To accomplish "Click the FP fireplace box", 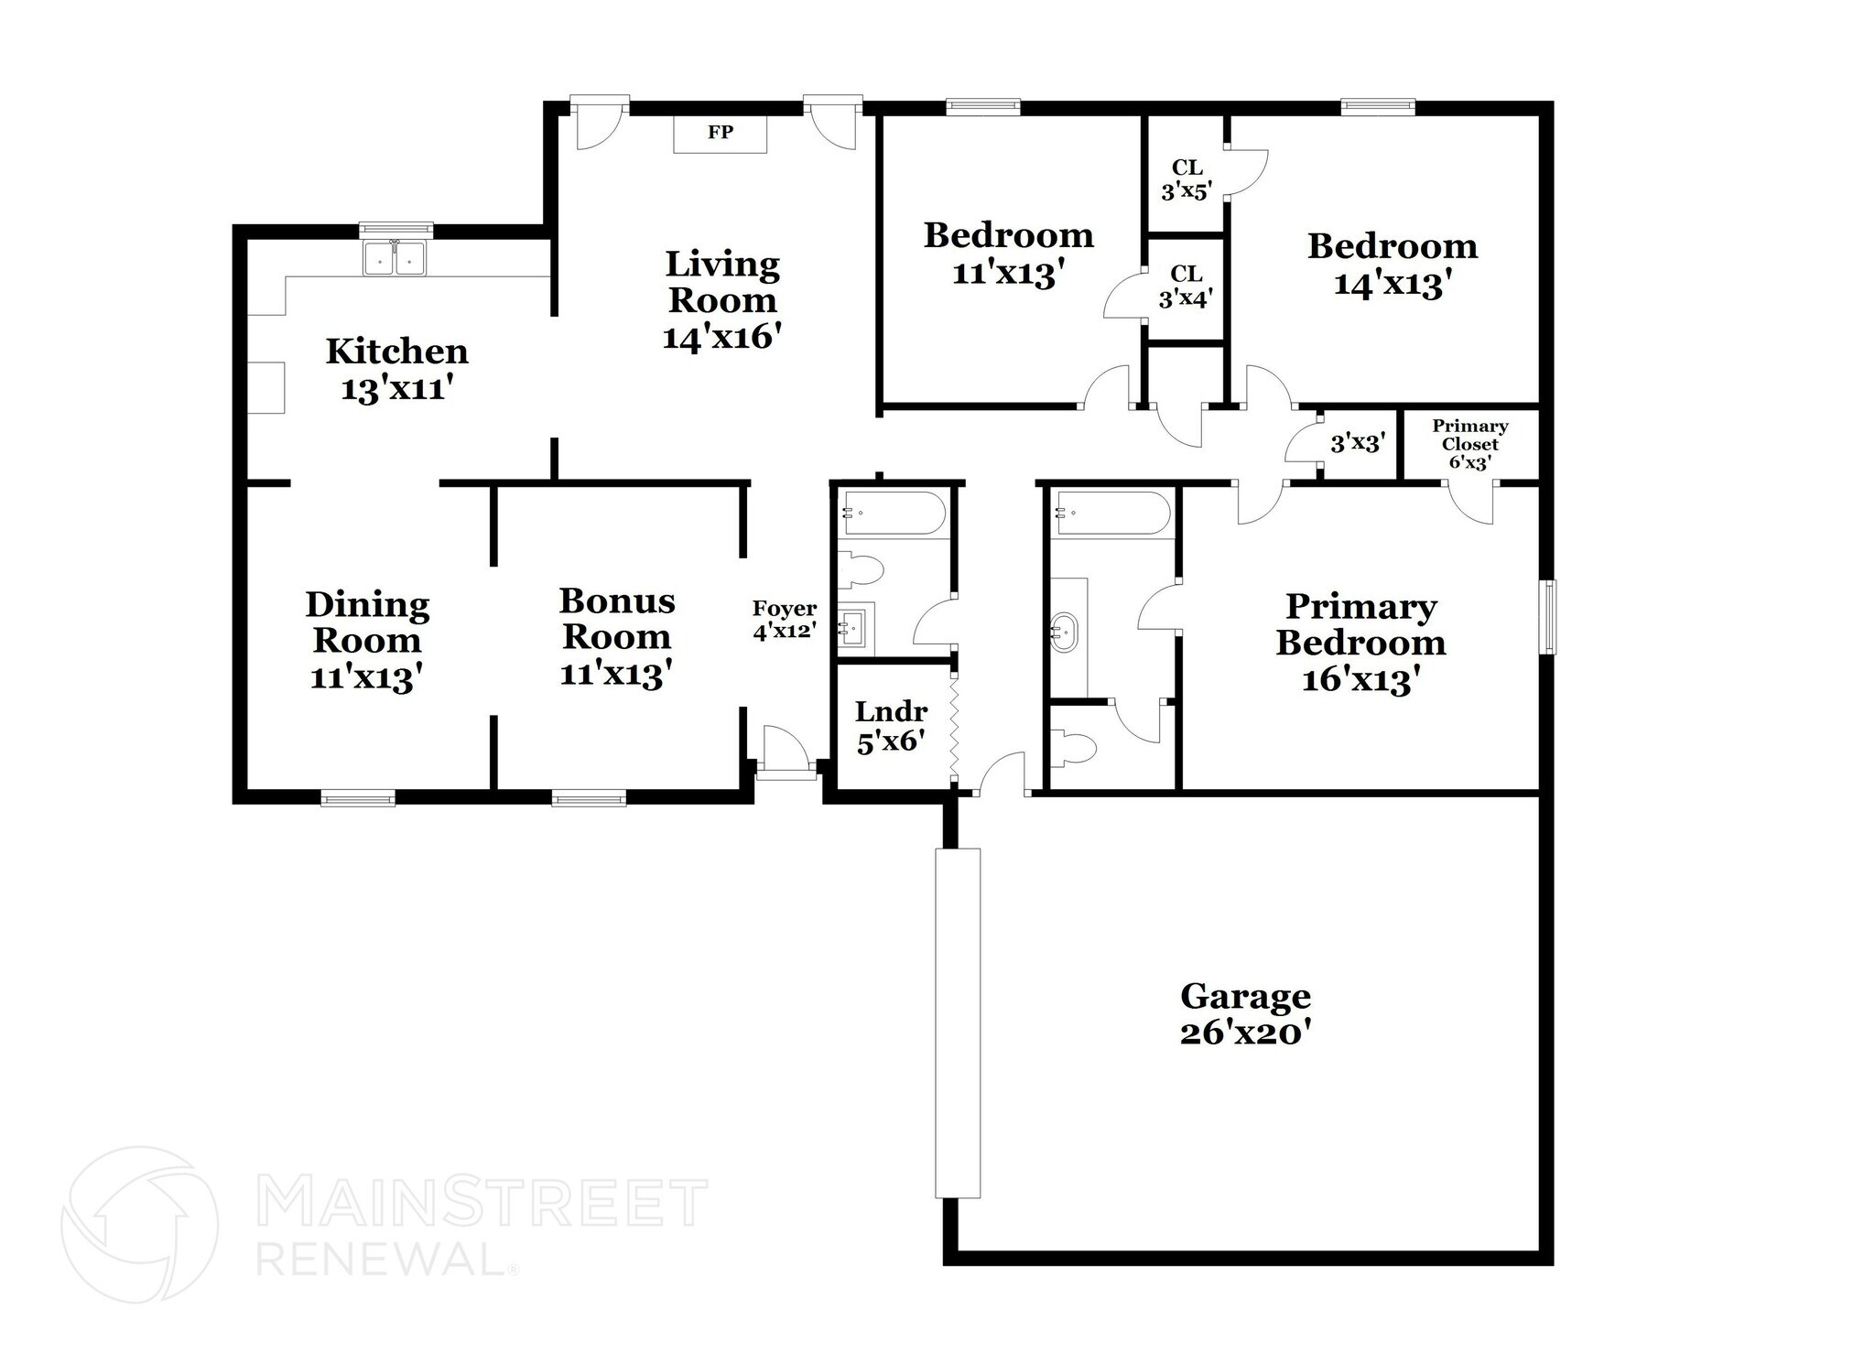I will click(x=721, y=134).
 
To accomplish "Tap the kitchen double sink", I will click(x=395, y=259).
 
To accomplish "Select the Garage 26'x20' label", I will click(x=1244, y=1013).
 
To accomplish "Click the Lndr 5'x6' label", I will click(x=891, y=726).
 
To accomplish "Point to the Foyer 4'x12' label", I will click(x=785, y=620).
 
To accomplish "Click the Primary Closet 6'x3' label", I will click(x=1469, y=444).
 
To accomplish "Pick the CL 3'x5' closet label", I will click(x=1187, y=179).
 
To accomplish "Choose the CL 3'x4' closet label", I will click(x=1186, y=286).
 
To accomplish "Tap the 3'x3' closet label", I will click(x=1357, y=443).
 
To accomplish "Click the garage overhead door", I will click(x=958, y=1022).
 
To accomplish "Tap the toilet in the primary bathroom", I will click(x=1074, y=746).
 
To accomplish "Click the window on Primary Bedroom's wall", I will click(x=1547, y=616).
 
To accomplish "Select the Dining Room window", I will click(x=358, y=798).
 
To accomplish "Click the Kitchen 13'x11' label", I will click(x=397, y=369).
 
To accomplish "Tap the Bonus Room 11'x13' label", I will click(x=617, y=637).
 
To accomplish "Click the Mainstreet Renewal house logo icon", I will click(x=139, y=1224).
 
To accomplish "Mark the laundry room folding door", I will click(x=954, y=723).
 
